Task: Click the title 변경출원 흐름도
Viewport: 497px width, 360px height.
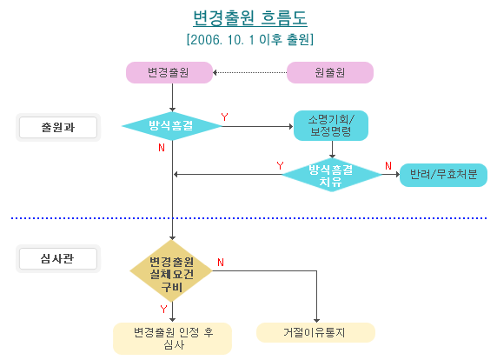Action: (x=249, y=17)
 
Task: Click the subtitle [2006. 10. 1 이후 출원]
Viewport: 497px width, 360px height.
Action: (x=249, y=39)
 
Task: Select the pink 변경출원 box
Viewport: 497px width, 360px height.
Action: (x=169, y=73)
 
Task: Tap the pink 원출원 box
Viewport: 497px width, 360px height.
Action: (x=330, y=73)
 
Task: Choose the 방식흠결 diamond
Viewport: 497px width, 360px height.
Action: (x=171, y=127)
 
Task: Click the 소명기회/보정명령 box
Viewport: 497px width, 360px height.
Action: (x=332, y=125)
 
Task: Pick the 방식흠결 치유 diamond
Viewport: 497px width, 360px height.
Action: (x=331, y=175)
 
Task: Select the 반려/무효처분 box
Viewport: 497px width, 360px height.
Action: (x=443, y=175)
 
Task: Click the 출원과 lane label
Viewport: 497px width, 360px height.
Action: (x=58, y=127)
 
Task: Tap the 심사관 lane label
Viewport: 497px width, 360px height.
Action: (x=58, y=258)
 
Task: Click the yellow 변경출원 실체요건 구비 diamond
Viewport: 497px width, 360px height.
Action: (x=171, y=274)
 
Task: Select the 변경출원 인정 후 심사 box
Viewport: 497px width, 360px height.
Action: (x=172, y=338)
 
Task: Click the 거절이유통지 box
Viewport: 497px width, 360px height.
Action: (x=315, y=333)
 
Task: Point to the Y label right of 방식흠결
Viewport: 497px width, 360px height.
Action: (x=225, y=117)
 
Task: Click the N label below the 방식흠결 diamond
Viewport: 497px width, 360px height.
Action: (x=162, y=148)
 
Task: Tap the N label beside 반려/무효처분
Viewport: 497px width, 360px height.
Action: (x=388, y=165)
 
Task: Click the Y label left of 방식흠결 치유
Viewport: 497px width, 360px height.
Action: (x=280, y=165)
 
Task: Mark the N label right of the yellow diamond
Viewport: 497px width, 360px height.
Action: (x=221, y=262)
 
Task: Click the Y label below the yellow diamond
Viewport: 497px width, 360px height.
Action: (x=163, y=309)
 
